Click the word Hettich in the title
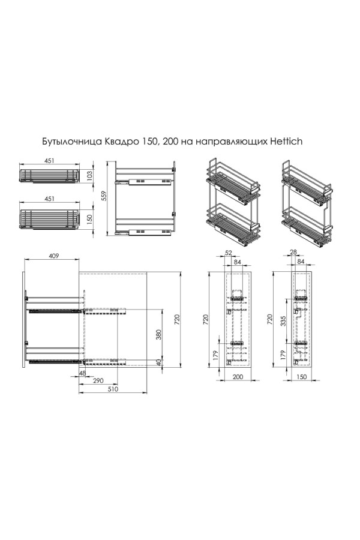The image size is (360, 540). click(286, 141)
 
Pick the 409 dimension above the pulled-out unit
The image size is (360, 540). click(53, 256)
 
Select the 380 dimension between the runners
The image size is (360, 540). click(159, 334)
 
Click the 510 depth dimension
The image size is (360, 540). click(113, 389)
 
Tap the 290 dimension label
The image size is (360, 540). click(98, 380)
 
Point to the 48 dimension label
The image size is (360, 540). click(82, 373)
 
